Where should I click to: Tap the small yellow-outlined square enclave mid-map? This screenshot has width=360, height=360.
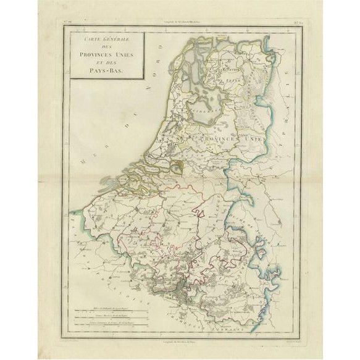click(x=177, y=165)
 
